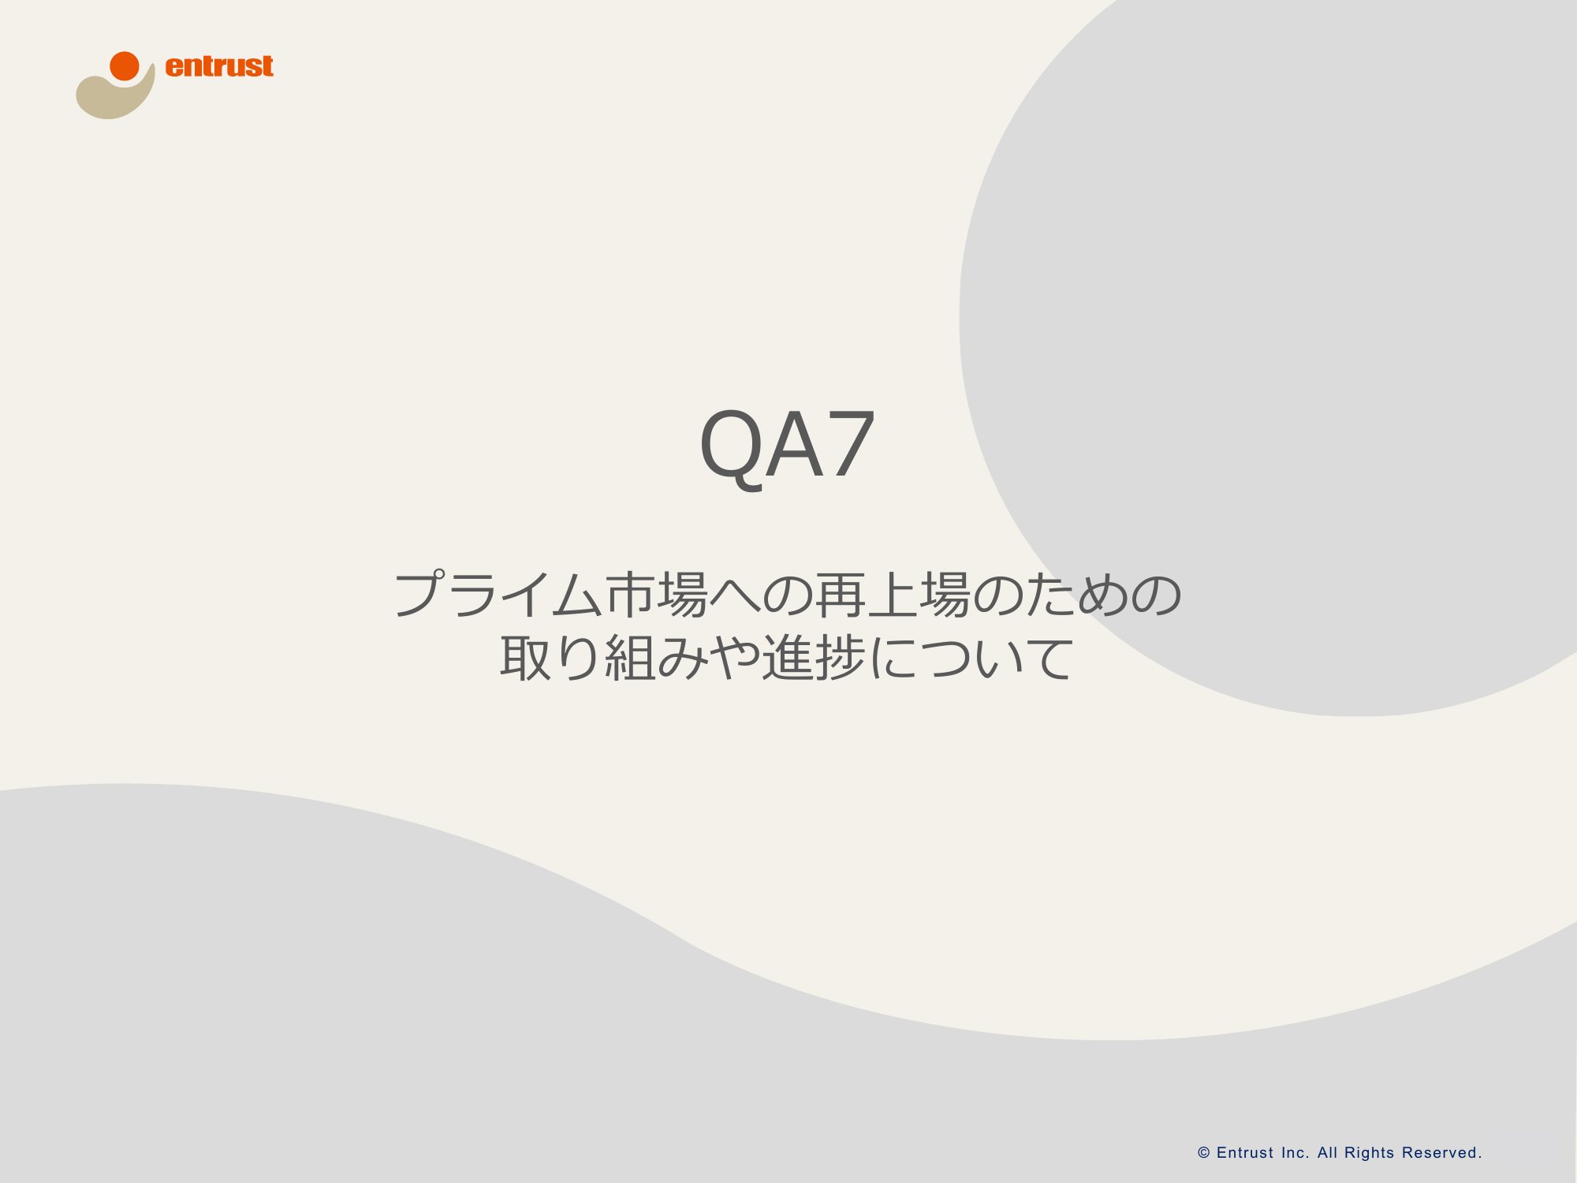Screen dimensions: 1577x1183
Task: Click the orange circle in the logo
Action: click(125, 66)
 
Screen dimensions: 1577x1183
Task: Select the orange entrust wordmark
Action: click(219, 66)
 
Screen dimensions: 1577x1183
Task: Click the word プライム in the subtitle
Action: click(498, 594)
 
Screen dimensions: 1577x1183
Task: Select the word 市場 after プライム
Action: click(656, 594)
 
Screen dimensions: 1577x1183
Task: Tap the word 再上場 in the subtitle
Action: click(893, 594)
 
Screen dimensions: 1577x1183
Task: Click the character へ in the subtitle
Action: click(735, 595)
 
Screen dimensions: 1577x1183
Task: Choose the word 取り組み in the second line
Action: click(603, 658)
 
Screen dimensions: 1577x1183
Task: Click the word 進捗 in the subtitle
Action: click(814, 658)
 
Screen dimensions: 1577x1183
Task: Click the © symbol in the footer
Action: click(1204, 1153)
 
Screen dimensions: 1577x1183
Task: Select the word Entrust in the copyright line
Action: click(1245, 1153)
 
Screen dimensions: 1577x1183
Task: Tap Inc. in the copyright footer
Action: click(1296, 1153)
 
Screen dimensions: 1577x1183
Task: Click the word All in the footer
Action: click(1327, 1153)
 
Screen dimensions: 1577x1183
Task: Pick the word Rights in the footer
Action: click(1370, 1154)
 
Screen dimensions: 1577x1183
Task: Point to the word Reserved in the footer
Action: click(1440, 1153)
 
